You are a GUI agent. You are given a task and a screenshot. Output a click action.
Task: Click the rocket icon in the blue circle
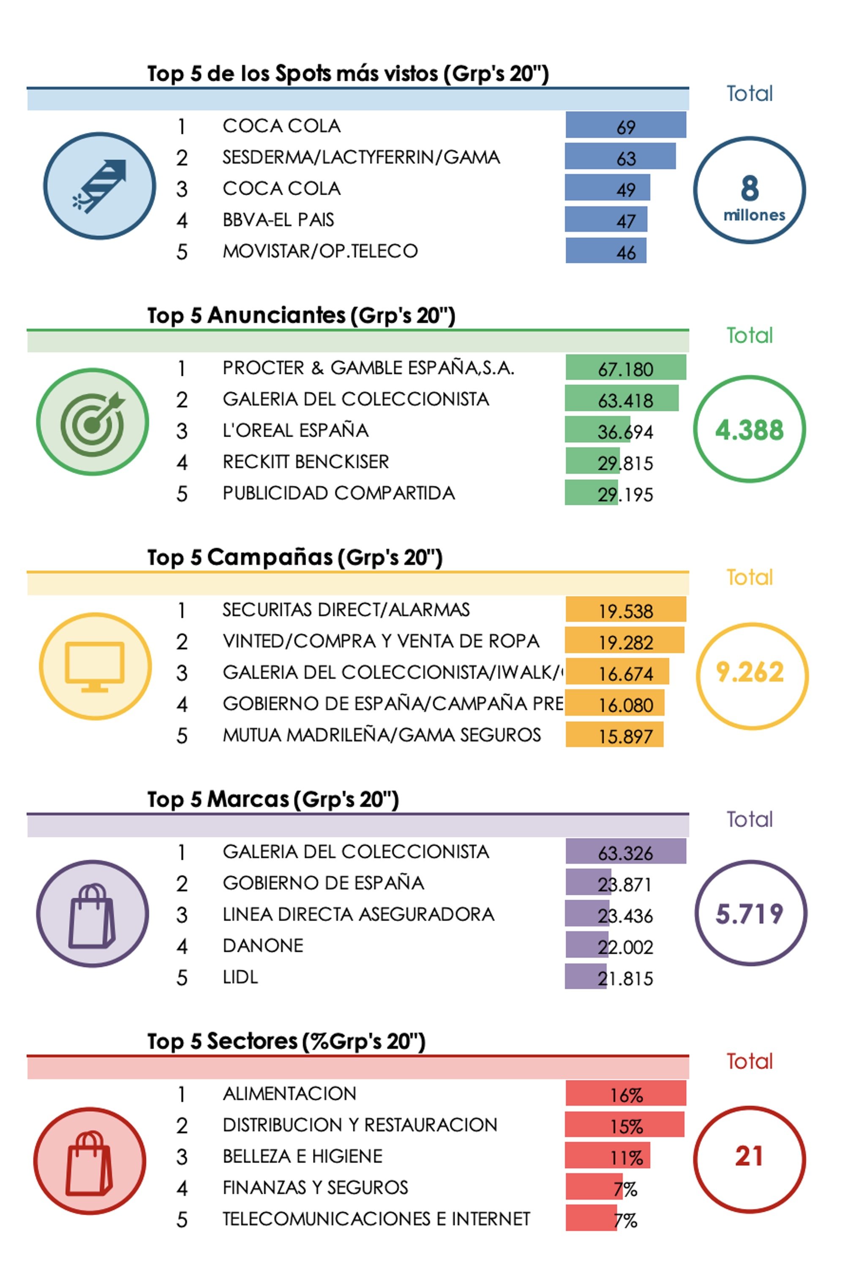point(100,185)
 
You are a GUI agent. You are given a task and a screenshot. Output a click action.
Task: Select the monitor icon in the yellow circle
point(95,666)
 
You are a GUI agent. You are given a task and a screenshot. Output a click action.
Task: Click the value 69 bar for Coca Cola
point(625,125)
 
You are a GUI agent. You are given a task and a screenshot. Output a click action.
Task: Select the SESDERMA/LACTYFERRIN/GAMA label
point(361,157)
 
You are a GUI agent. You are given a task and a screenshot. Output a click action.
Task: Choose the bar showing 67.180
point(625,368)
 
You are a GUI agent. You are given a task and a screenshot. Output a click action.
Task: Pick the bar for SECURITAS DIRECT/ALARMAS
point(625,610)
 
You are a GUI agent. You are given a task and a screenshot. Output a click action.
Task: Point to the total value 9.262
point(750,672)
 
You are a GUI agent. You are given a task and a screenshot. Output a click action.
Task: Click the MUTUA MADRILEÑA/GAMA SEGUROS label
point(382,736)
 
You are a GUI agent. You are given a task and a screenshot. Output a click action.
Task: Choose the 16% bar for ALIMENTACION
point(625,1094)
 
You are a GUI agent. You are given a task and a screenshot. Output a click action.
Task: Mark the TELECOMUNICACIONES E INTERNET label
point(376,1219)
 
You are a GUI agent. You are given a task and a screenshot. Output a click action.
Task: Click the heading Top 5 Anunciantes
point(301,316)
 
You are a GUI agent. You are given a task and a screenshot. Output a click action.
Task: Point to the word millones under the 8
point(754,215)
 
